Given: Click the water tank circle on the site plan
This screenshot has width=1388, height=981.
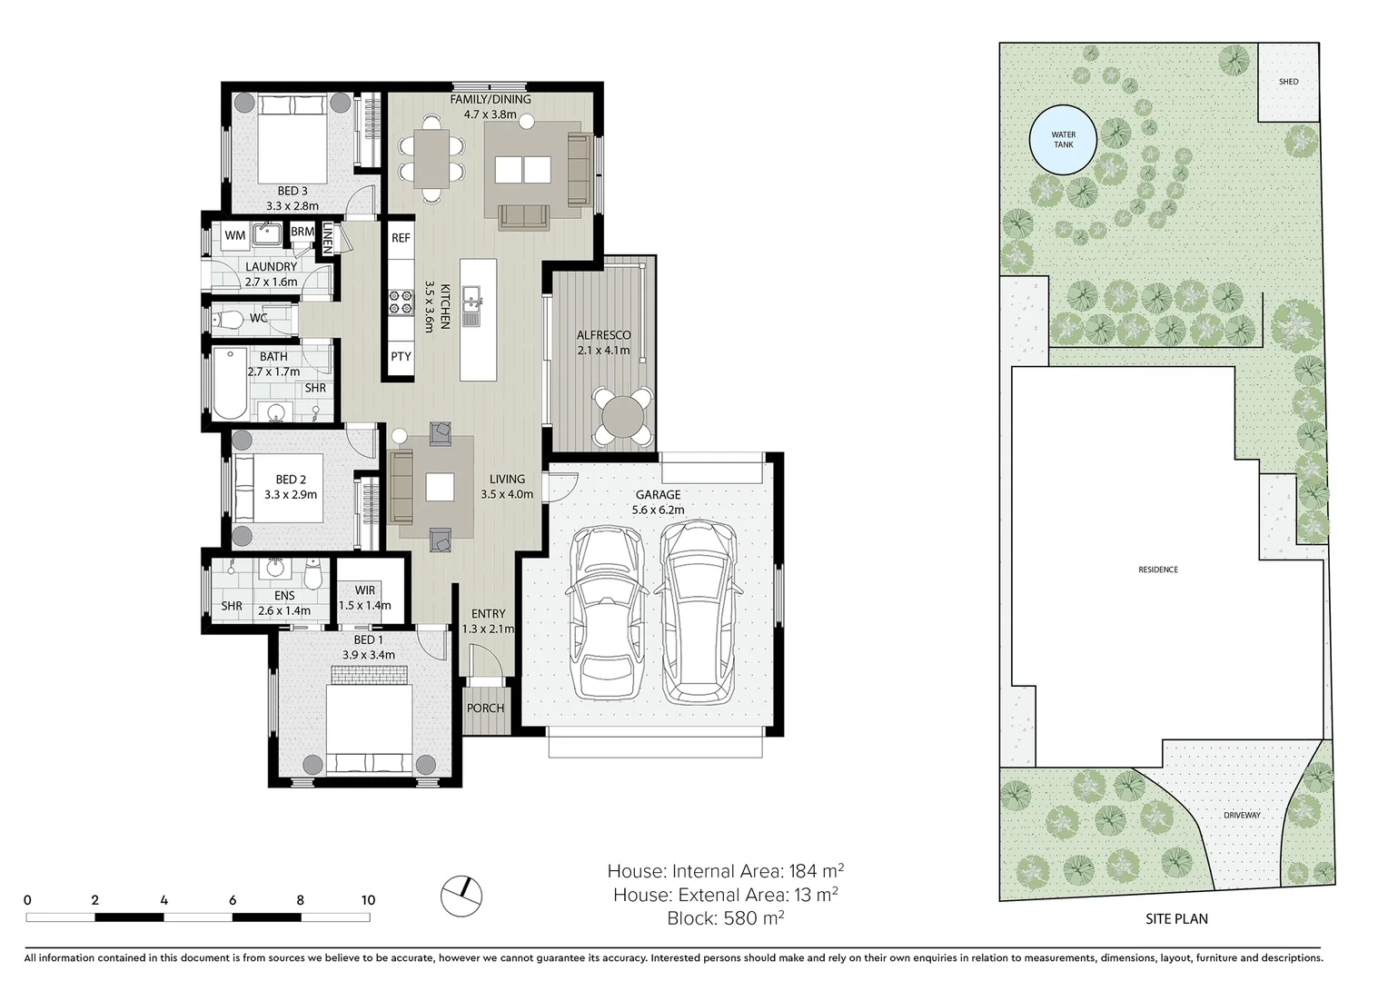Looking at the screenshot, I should pyautogui.click(x=1063, y=140).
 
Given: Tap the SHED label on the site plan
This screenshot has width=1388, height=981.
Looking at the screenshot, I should pyautogui.click(x=1288, y=82).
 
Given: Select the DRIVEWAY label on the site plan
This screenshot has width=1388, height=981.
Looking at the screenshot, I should pyautogui.click(x=1242, y=815).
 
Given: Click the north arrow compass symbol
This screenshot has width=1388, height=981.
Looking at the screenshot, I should pyautogui.click(x=461, y=895).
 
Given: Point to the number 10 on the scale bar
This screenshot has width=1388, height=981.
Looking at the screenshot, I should pyautogui.click(x=367, y=900).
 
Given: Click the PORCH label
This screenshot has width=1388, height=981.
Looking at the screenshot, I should pyautogui.click(x=485, y=708).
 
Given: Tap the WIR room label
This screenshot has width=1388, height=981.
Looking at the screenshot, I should pyautogui.click(x=365, y=590).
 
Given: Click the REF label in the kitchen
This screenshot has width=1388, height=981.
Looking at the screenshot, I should pyautogui.click(x=401, y=238).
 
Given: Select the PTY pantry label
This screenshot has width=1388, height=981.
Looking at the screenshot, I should pyautogui.click(x=401, y=356).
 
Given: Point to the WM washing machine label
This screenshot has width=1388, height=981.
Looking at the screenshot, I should pyautogui.click(x=235, y=235).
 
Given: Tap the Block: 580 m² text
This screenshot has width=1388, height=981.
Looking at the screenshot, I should pyautogui.click(x=725, y=917).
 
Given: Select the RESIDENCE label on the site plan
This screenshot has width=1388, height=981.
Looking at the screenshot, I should pyautogui.click(x=1158, y=570).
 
